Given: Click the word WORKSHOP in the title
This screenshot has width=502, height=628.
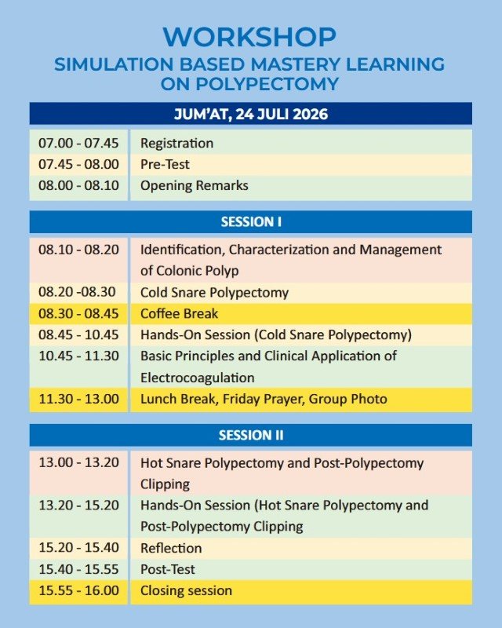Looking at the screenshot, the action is (249, 37).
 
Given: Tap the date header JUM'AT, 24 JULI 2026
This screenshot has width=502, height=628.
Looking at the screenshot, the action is (251, 114).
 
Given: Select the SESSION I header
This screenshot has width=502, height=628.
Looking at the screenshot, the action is (251, 222).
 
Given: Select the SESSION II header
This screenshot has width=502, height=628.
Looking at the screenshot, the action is (251, 435).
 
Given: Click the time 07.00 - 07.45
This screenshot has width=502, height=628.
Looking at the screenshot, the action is (79, 143).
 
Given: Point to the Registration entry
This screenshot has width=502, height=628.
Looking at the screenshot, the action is (176, 144).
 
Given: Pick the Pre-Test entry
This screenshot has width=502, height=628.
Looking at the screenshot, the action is (165, 164).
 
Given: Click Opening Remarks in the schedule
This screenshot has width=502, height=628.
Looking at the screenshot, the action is (195, 186).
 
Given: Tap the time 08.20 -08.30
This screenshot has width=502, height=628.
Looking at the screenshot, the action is (78, 291).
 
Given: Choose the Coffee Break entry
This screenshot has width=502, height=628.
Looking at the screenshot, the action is (180, 313).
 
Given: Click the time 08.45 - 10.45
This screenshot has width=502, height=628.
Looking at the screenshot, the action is (79, 334).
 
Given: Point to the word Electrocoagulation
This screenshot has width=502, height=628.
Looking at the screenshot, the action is (198, 378).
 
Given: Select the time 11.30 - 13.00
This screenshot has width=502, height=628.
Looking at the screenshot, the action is (79, 399).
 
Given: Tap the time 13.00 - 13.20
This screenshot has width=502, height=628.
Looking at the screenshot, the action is (79, 462).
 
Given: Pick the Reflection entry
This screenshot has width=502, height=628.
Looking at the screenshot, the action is (171, 548).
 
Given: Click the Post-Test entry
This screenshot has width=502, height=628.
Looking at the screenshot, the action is (168, 569).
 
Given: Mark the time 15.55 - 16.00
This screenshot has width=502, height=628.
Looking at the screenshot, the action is (79, 590).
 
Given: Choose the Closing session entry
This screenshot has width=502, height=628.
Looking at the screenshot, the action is (186, 591).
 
